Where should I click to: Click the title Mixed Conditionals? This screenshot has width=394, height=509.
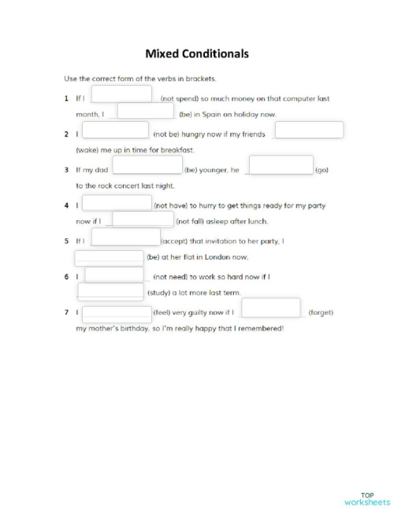(x=197, y=54)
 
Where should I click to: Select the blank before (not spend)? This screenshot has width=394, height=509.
(x=122, y=95)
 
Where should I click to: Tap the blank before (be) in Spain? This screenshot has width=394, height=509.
(x=139, y=112)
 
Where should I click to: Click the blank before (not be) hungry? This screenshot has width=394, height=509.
(x=115, y=131)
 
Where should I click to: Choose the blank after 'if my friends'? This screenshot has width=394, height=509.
(x=309, y=131)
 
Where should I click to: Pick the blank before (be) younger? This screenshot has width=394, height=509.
(x=147, y=166)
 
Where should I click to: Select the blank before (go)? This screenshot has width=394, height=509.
(x=281, y=166)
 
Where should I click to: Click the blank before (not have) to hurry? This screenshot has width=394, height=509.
(x=117, y=203)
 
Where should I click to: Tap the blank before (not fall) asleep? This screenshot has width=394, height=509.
(x=143, y=219)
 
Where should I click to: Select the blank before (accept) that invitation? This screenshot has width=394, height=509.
(x=126, y=238)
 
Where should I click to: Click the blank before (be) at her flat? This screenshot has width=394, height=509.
(x=110, y=256)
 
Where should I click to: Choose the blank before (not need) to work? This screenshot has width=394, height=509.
(x=113, y=275)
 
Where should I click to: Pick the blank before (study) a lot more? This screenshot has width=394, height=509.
(x=111, y=291)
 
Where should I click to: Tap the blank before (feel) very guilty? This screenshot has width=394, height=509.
(x=117, y=311)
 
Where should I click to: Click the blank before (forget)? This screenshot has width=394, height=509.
(x=270, y=308)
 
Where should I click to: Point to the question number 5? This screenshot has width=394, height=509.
(x=67, y=241)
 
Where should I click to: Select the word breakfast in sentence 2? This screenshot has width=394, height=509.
(x=177, y=149)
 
